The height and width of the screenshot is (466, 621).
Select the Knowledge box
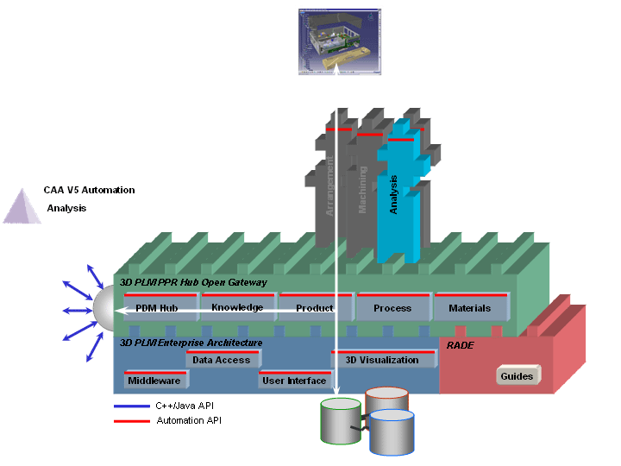click(237, 307)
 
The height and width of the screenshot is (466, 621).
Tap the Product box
click(315, 308)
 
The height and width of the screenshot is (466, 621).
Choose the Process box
click(392, 308)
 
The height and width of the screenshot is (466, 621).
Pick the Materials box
click(470, 308)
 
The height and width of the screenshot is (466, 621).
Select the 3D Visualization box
click(382, 360)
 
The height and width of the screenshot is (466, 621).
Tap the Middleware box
click(154, 380)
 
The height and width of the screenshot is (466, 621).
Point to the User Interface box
click(294, 380)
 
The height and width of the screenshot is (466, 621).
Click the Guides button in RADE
click(517, 375)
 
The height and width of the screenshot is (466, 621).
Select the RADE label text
click(460, 345)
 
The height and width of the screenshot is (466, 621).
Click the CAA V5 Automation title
click(89, 190)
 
